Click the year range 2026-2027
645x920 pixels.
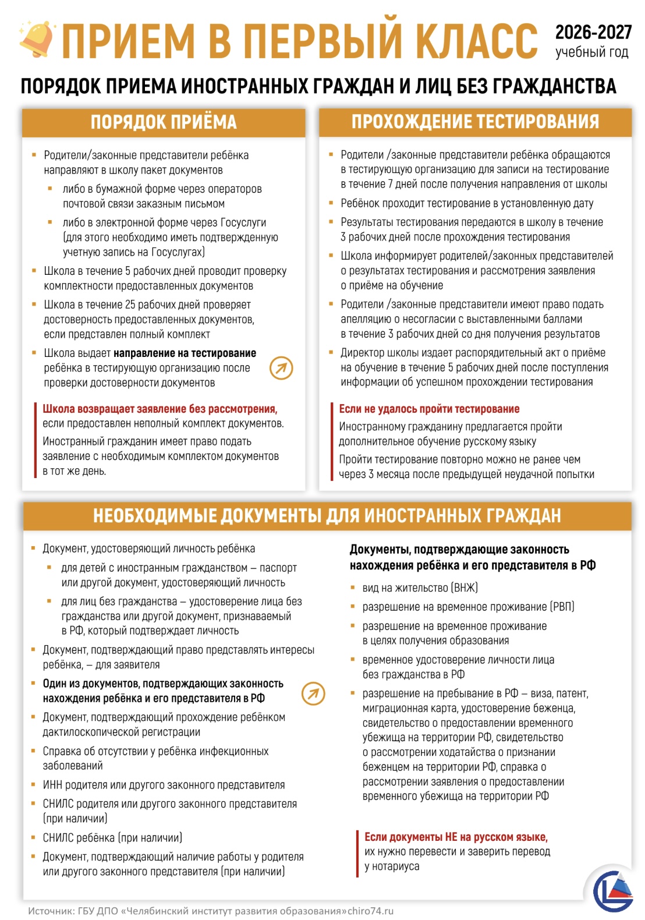[593, 32]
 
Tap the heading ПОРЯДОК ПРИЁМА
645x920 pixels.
[164, 122]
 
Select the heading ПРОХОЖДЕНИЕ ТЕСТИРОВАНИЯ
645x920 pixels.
[475, 122]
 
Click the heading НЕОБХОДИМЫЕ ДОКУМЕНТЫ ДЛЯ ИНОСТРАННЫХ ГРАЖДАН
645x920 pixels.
[327, 516]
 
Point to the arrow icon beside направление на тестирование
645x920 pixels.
[281, 368]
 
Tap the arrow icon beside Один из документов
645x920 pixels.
[313, 693]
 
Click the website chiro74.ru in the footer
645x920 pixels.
[370, 911]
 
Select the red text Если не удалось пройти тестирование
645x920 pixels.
[429, 409]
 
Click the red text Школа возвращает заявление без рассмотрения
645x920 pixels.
[160, 409]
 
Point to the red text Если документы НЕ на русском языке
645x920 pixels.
[456, 837]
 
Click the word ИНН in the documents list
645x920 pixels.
[53, 785]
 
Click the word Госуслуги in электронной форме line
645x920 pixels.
[243, 222]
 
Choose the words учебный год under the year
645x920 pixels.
[591, 52]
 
